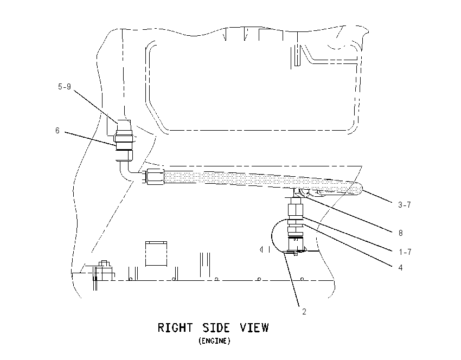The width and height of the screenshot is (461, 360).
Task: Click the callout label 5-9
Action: pyautogui.click(x=65, y=87)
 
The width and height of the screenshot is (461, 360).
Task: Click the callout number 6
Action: pyautogui.click(x=57, y=131)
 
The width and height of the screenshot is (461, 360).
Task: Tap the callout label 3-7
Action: pyautogui.click(x=404, y=205)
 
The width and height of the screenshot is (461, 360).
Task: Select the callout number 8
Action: pyautogui.click(x=400, y=233)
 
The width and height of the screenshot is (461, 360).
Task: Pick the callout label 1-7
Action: pyautogui.click(x=405, y=252)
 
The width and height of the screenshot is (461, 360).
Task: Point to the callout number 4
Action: pyautogui.click(x=400, y=267)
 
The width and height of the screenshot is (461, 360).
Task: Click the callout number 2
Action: pyautogui.click(x=304, y=312)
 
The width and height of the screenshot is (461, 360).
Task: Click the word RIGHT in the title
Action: pyautogui.click(x=175, y=327)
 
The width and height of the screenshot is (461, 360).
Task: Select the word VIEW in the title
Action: pyautogui.click(x=254, y=327)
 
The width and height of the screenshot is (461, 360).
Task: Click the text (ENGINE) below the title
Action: pyautogui.click(x=214, y=341)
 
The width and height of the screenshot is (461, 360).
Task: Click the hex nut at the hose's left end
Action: pyautogui.click(x=155, y=177)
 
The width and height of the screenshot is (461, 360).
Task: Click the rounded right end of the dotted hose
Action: pyautogui.click(x=357, y=189)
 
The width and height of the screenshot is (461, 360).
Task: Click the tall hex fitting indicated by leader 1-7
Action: pyautogui.click(x=296, y=208)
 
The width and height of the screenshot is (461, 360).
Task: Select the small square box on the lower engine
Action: pyautogui.click(x=156, y=254)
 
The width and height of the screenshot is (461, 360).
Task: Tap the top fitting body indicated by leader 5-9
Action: pyautogui.click(x=124, y=125)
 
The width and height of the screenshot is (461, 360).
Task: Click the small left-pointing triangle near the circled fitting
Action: pyautogui.click(x=261, y=249)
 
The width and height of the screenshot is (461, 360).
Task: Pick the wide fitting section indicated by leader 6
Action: pyautogui.click(x=124, y=142)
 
